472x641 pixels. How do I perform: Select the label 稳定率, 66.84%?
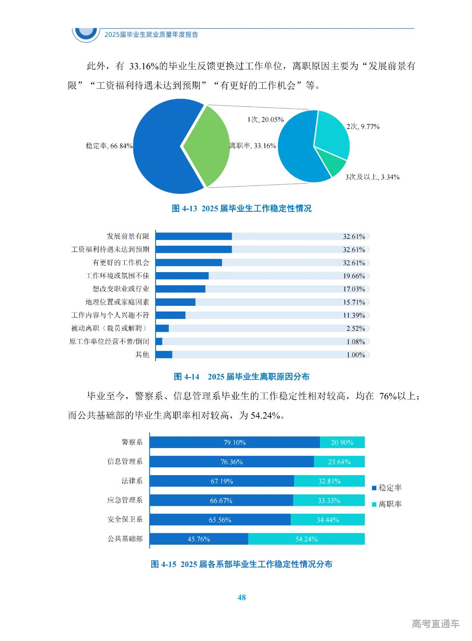pos(109,146)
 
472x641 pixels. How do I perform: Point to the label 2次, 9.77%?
pos(363,126)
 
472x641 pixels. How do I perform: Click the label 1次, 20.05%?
pos(265,119)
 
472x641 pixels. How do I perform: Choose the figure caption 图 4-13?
pos(241,208)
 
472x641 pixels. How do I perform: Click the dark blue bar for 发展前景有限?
pos(194,236)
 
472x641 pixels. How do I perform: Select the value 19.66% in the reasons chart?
pos(354,276)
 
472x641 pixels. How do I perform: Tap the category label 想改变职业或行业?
pos(121,289)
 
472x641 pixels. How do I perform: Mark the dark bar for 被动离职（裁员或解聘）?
pos(162,328)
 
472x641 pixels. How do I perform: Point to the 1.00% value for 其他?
pos(355,355)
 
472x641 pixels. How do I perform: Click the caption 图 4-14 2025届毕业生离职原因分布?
pos(241,377)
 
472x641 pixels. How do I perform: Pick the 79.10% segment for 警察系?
pos(235,442)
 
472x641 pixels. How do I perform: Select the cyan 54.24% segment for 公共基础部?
pos(306,539)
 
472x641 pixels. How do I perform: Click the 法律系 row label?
pos(132,481)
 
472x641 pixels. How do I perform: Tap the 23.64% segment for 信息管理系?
pos(339,462)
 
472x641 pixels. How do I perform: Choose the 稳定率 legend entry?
pos(387,488)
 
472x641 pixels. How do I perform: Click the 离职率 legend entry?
pos(387,504)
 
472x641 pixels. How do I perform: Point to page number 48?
pos(241,597)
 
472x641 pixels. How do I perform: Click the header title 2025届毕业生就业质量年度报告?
pos(151,35)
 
